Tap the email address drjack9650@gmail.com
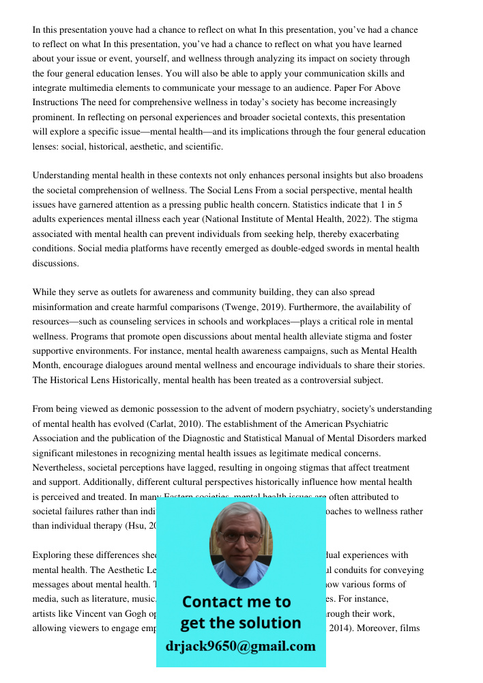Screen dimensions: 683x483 (240, 645)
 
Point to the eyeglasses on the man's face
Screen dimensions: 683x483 (241, 537)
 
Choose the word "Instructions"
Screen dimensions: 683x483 (55, 102)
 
